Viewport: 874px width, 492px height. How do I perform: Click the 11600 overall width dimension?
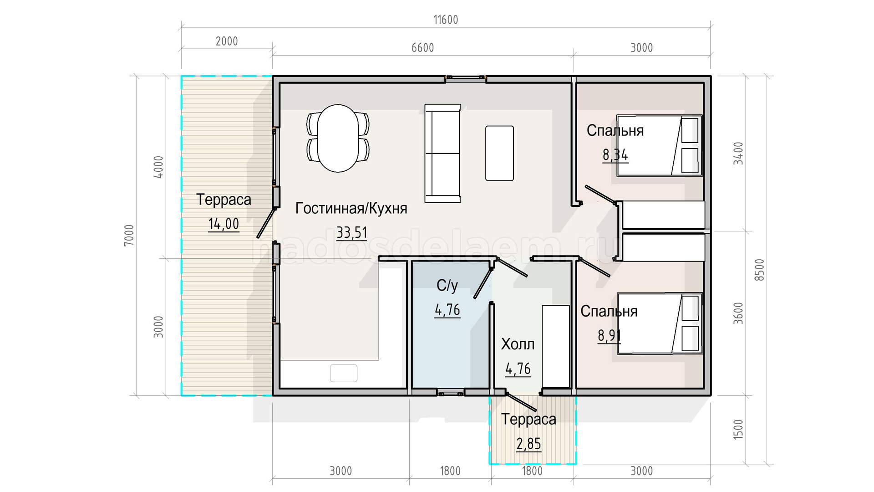click(x=446, y=20)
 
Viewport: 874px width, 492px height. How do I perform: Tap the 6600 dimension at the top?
click(x=423, y=48)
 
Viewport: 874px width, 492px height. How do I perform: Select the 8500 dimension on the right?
click(x=760, y=270)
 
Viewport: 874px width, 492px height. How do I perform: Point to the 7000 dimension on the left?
click(x=129, y=236)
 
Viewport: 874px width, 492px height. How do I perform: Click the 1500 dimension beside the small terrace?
click(x=738, y=430)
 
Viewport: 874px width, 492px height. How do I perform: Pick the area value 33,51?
click(x=352, y=233)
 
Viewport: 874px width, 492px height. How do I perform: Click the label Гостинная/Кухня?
click(x=351, y=208)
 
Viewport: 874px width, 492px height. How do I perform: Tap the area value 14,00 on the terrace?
click(x=224, y=224)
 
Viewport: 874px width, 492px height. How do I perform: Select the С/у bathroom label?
click(x=447, y=286)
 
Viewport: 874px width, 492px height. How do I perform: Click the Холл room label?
click(x=518, y=344)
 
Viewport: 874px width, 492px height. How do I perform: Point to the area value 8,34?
click(x=615, y=155)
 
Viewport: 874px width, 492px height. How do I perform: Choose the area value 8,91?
click(x=609, y=336)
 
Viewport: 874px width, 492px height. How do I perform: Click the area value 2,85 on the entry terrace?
click(x=528, y=444)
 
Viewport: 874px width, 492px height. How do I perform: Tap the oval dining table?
click(x=338, y=138)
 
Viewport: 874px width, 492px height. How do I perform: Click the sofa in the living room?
click(x=442, y=153)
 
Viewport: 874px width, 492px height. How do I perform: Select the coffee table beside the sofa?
click(x=499, y=153)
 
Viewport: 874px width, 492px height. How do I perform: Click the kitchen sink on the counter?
click(x=344, y=373)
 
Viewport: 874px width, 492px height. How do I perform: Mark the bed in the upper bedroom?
click(x=660, y=145)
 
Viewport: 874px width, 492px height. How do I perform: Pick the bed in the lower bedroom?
click(x=660, y=323)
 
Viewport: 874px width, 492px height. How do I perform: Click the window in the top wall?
click(x=466, y=79)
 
